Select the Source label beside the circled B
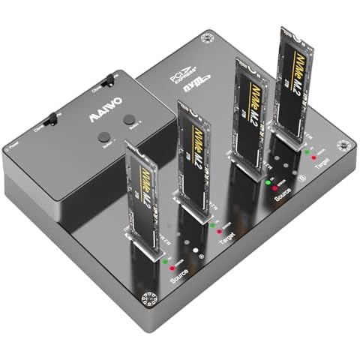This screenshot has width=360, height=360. coord(283,191)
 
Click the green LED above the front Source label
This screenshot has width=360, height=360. coord(164,262)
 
